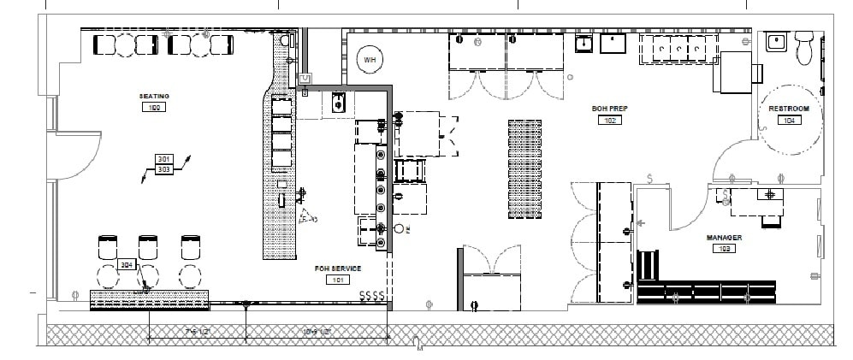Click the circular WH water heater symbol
tap(370, 59)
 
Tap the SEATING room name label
tap(155, 97)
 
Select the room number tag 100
tap(155, 108)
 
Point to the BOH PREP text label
tap(608, 109)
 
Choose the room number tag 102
tap(608, 121)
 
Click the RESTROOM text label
tap(788, 109)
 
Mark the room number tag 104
tap(788, 121)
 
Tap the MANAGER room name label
tap(723, 237)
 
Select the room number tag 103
tap(723, 248)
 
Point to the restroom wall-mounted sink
tap(777, 42)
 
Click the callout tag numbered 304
tap(127, 265)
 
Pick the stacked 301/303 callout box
tap(163, 164)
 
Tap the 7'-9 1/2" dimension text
tap(198, 330)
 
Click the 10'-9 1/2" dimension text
tap(317, 330)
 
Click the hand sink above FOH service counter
tap(337, 104)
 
